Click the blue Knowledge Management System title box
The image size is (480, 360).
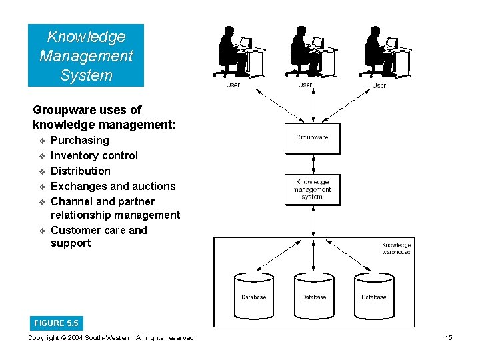(x=86, y=56)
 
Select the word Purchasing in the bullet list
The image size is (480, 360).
(x=80, y=140)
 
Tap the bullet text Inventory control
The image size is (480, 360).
(x=94, y=155)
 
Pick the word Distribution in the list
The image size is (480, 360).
(x=81, y=171)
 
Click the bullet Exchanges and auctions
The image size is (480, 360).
(x=113, y=186)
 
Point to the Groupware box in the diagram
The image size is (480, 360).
(x=312, y=138)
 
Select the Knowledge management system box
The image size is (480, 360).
(x=312, y=189)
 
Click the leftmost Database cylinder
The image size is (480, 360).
(x=253, y=294)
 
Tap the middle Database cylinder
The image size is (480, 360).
(x=314, y=294)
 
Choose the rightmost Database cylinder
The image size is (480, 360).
(x=374, y=294)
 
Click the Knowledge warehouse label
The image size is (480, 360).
(x=396, y=249)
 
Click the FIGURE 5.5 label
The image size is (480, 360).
(x=56, y=323)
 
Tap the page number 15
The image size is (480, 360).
(x=449, y=338)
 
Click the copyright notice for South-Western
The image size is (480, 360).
(x=112, y=338)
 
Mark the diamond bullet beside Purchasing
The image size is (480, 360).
(x=41, y=141)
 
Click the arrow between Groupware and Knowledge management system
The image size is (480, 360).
(x=312, y=163)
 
